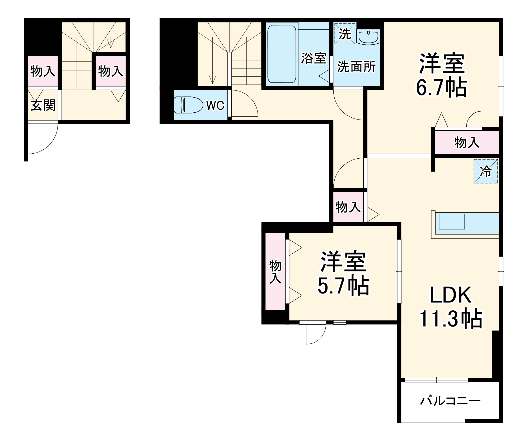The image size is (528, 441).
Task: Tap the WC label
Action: (x=215, y=106)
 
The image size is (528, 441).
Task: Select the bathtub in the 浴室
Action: (x=282, y=54)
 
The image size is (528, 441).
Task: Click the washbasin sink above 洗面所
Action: (x=368, y=37)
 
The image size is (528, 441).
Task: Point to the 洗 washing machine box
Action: (x=345, y=34)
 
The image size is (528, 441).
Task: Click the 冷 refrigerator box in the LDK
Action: (x=485, y=171)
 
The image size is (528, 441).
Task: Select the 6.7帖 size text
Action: (x=441, y=88)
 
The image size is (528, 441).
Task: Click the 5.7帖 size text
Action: (x=343, y=286)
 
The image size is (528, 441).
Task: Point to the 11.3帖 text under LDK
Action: (x=451, y=319)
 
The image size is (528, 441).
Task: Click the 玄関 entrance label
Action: (x=43, y=105)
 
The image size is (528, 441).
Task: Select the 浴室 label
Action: (x=314, y=58)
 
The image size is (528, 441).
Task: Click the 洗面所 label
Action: (x=356, y=67)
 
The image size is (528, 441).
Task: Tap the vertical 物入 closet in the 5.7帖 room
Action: (x=275, y=272)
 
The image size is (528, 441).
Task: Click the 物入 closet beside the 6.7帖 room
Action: (x=467, y=143)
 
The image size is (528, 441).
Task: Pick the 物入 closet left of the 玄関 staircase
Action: (x=43, y=71)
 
